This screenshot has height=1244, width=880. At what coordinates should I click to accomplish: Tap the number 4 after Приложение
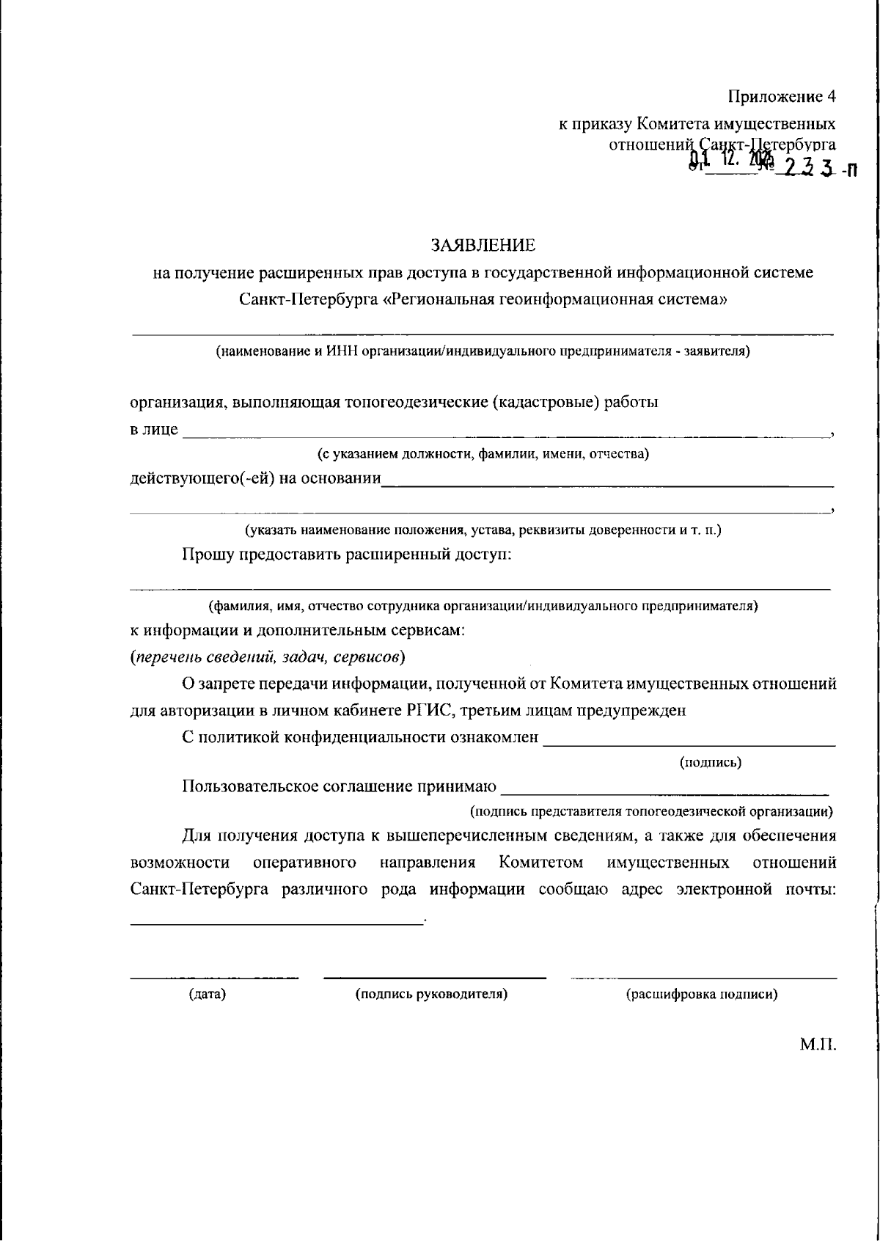coord(831,96)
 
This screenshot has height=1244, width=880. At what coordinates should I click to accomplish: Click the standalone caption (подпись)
coord(711,762)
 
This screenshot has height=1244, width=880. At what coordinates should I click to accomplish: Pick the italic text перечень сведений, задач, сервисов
coord(268,656)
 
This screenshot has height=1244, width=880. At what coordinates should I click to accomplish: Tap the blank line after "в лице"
coord(506,436)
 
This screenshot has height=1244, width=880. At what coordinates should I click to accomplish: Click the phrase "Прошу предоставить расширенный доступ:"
coord(346,554)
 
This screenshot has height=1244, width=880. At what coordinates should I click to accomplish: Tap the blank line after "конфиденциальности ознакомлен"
coord(689,744)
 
